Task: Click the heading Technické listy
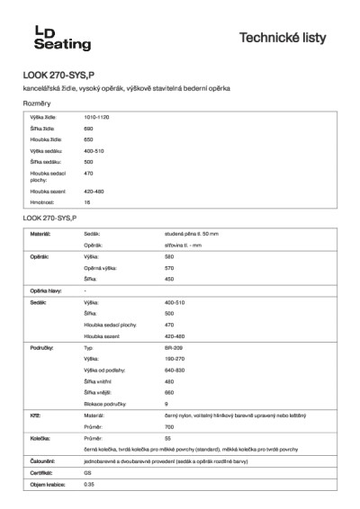pos(289,38)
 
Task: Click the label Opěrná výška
pos(101,268)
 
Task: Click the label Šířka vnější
pos(99,392)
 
